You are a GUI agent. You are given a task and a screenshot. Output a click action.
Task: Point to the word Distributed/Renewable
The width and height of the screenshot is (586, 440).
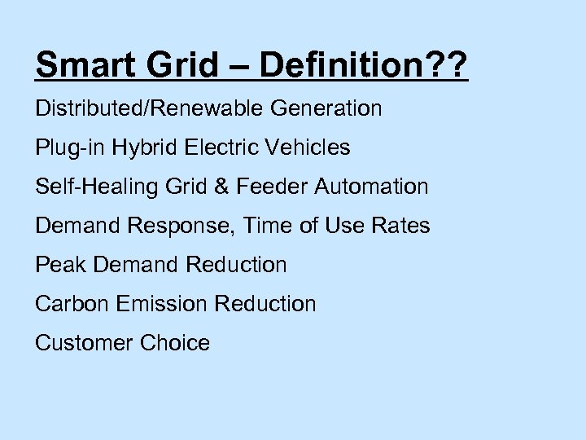pos(143,108)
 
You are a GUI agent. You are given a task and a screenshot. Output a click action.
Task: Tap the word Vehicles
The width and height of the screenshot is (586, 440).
pos(308,147)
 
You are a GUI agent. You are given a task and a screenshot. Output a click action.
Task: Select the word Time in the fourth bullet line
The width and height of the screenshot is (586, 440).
pos(268,226)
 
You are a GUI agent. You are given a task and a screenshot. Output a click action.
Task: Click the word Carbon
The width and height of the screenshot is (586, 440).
pos(72,304)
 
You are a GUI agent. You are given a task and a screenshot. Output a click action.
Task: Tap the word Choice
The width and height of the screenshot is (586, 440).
pos(174,343)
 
